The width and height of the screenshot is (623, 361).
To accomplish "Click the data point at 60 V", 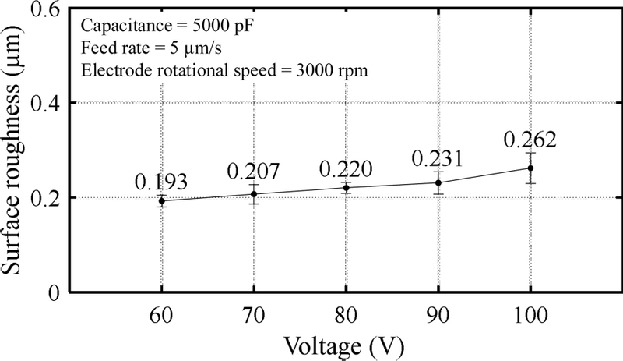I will tap(162, 200).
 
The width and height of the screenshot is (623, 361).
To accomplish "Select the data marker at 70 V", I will tap(254, 193).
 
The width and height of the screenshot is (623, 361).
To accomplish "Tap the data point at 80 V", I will tap(346, 187).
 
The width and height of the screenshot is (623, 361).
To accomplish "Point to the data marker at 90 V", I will tap(438, 182).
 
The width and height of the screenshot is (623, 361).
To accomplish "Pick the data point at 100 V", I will tap(530, 168).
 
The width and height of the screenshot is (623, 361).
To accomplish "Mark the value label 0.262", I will tap(530, 140).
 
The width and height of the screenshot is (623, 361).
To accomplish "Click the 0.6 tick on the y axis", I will tap(48, 9).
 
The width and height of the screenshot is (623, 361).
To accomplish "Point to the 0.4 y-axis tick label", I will tap(48, 104).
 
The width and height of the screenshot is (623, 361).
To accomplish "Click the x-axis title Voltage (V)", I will tap(346, 344).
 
